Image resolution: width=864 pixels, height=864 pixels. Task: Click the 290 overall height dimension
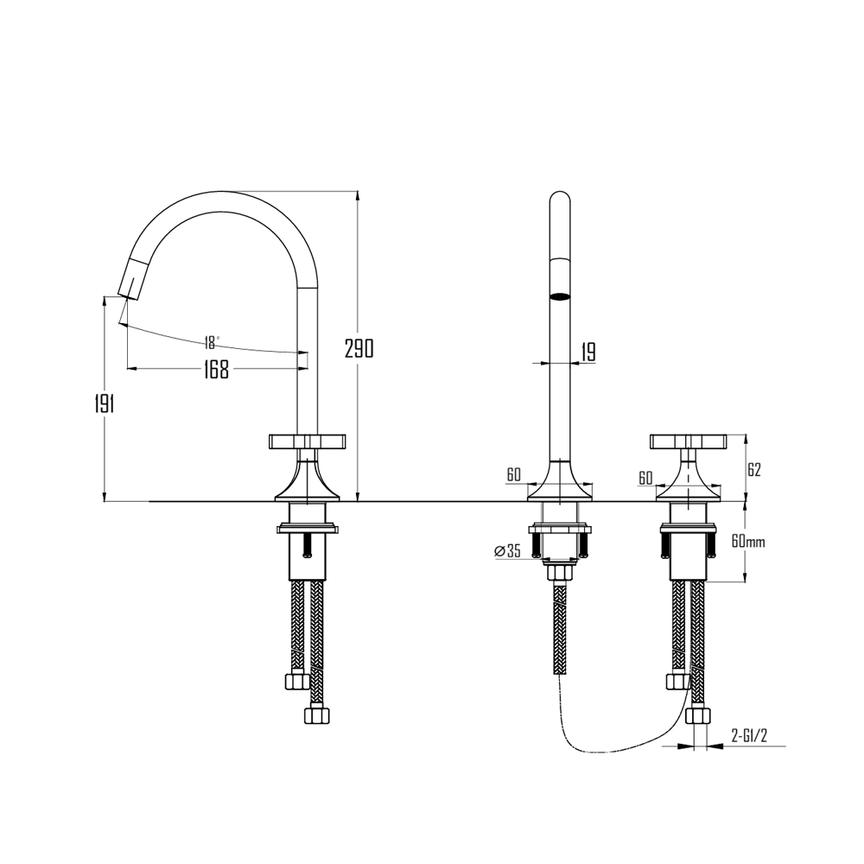pyautogui.click(x=359, y=349)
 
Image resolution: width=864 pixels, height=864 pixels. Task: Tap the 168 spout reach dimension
pyautogui.click(x=216, y=370)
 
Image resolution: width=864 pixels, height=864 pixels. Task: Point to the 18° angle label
pyautogui.click(x=212, y=341)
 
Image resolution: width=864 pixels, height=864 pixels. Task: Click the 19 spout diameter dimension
pyautogui.click(x=588, y=352)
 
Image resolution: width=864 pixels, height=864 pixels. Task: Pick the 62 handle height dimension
pyautogui.click(x=753, y=470)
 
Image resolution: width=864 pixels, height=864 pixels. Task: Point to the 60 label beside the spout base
pyautogui.click(x=513, y=474)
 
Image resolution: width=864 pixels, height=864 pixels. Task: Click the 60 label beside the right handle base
pyautogui.click(x=645, y=478)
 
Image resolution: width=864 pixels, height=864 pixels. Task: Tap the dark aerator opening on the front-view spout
pyautogui.click(x=561, y=297)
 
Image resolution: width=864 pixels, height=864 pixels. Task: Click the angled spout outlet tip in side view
pyautogui.click(x=128, y=289)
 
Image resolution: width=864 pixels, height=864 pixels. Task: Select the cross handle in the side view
pyautogui.click(x=308, y=442)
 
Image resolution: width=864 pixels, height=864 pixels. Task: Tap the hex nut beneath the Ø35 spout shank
pyautogui.click(x=561, y=572)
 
